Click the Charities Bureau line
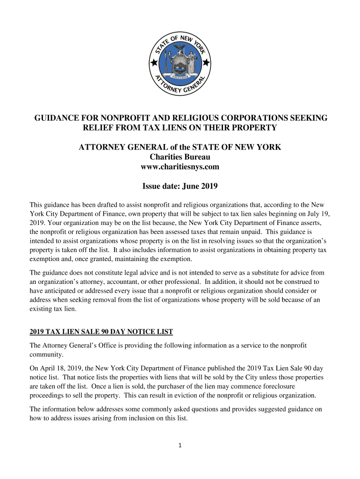(180, 157)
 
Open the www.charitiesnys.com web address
(180, 167)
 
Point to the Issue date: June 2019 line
(180, 187)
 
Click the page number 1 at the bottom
(180, 445)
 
